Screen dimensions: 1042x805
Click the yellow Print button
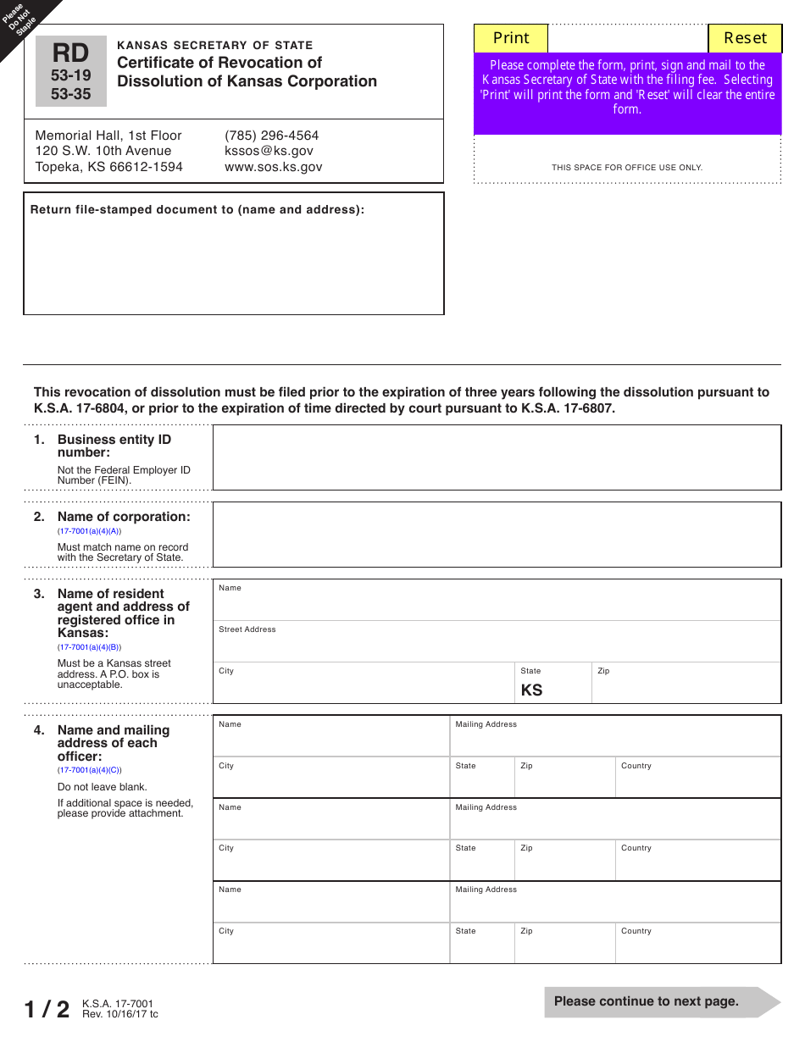click(511, 38)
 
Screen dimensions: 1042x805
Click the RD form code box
click(71, 72)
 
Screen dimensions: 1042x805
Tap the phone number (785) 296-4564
click(271, 136)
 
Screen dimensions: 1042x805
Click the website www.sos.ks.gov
click(273, 167)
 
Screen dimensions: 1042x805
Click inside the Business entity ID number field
click(496, 457)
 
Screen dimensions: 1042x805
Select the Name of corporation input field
click(496, 535)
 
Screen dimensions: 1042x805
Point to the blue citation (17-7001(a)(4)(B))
click(89, 647)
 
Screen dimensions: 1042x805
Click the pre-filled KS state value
click(531, 690)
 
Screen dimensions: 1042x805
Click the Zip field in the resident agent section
click(685, 687)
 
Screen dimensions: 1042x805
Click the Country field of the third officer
click(697, 947)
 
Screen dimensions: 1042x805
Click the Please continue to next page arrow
click(661, 1001)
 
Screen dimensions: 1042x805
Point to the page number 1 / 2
click(47, 1009)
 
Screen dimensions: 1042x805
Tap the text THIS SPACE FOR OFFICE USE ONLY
click(627, 168)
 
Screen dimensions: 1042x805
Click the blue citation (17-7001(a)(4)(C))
click(89, 770)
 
